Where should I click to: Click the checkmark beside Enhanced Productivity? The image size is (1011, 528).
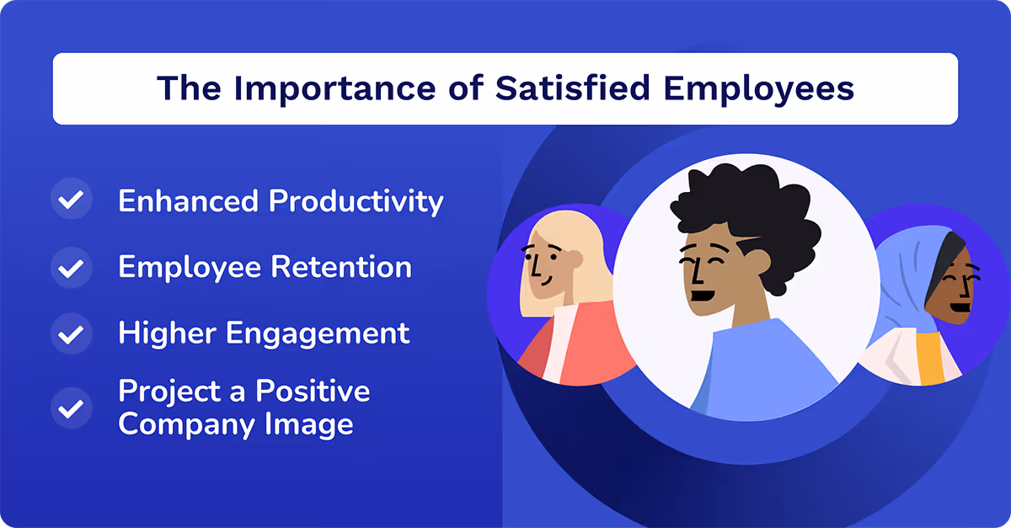(72, 200)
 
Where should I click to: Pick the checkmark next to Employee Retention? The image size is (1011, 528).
(72, 268)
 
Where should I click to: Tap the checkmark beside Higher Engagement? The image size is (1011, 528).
(72, 333)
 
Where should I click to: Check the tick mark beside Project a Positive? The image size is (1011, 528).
(72, 408)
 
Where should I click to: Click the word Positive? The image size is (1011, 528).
(313, 391)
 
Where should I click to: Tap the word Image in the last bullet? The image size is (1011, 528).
(315, 423)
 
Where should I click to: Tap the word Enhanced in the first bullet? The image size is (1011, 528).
(189, 201)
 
